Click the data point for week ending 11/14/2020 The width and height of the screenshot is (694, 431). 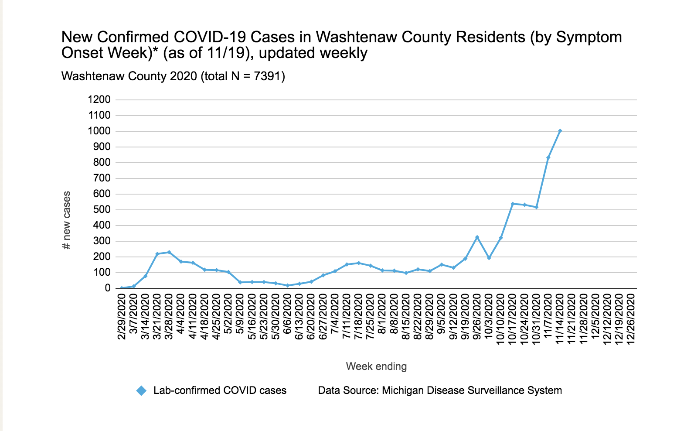click(x=560, y=131)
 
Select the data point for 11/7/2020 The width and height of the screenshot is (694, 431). click(x=548, y=157)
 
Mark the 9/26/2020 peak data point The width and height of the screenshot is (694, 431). click(x=477, y=237)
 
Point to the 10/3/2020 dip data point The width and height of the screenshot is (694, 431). click(x=489, y=258)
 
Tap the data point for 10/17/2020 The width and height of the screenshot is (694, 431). click(x=513, y=204)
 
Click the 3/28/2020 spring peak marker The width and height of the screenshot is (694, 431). click(x=169, y=252)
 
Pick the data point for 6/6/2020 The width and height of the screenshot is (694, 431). click(x=287, y=285)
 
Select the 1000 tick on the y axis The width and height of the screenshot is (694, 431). click(x=99, y=131)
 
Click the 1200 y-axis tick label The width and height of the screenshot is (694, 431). click(x=99, y=99)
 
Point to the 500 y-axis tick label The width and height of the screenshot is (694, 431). click(x=102, y=209)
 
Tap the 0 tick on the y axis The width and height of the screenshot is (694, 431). click(x=108, y=288)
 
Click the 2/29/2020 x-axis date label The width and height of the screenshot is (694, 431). click(x=122, y=316)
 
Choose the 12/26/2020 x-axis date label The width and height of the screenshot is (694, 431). click(x=630, y=318)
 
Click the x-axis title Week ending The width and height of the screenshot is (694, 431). click(x=376, y=366)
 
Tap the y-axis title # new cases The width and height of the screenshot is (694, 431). click(x=67, y=220)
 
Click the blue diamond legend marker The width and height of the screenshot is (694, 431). click(x=141, y=390)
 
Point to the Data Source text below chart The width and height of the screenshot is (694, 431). click(x=439, y=390)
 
